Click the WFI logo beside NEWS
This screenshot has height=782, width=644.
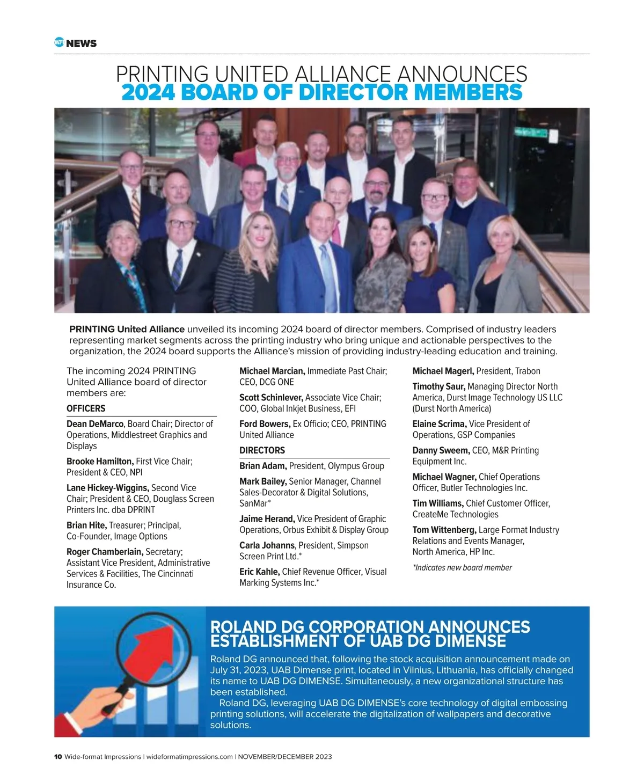[59, 42]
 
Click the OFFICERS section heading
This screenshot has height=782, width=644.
[86, 408]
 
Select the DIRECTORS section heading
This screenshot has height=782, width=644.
[262, 450]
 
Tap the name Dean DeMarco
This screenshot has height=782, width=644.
[95, 424]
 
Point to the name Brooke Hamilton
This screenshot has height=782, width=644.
[100, 461]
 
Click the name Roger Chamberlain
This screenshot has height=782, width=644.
[105, 552]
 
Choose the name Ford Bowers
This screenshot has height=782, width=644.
[265, 424]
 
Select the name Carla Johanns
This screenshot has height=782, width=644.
[267, 545]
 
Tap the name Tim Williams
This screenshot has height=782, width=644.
[438, 503]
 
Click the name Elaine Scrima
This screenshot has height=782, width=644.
[440, 424]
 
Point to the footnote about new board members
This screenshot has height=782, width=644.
[462, 568]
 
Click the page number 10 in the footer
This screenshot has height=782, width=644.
[58, 757]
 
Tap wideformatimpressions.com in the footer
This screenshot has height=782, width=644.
[189, 757]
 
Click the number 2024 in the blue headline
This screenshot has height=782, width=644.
[148, 92]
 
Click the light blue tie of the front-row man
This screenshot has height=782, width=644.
[326, 274]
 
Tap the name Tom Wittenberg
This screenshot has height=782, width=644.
[444, 530]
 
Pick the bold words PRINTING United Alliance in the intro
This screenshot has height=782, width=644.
[127, 329]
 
